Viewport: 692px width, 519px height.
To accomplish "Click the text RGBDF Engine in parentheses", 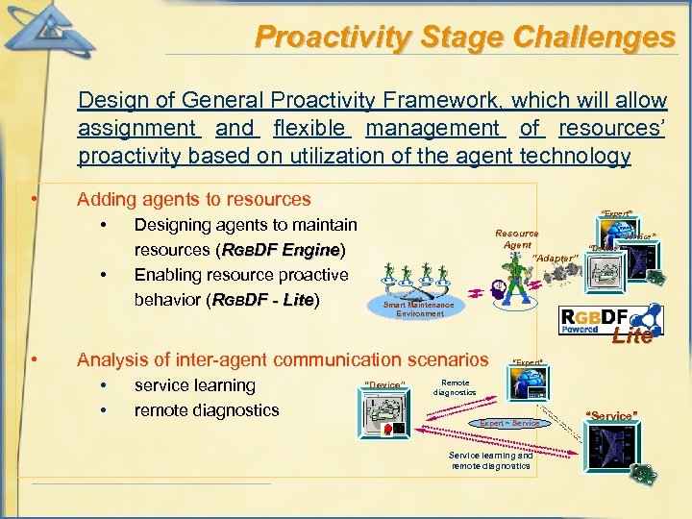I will (282, 250).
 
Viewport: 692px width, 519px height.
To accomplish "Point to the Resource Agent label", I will (516, 238).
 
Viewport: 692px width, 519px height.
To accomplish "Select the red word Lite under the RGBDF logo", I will (632, 336).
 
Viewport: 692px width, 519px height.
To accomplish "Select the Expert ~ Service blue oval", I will (509, 423).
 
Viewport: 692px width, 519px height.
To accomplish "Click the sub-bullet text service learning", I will (194, 385).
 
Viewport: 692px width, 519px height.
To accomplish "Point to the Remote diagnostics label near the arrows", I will (455, 387).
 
